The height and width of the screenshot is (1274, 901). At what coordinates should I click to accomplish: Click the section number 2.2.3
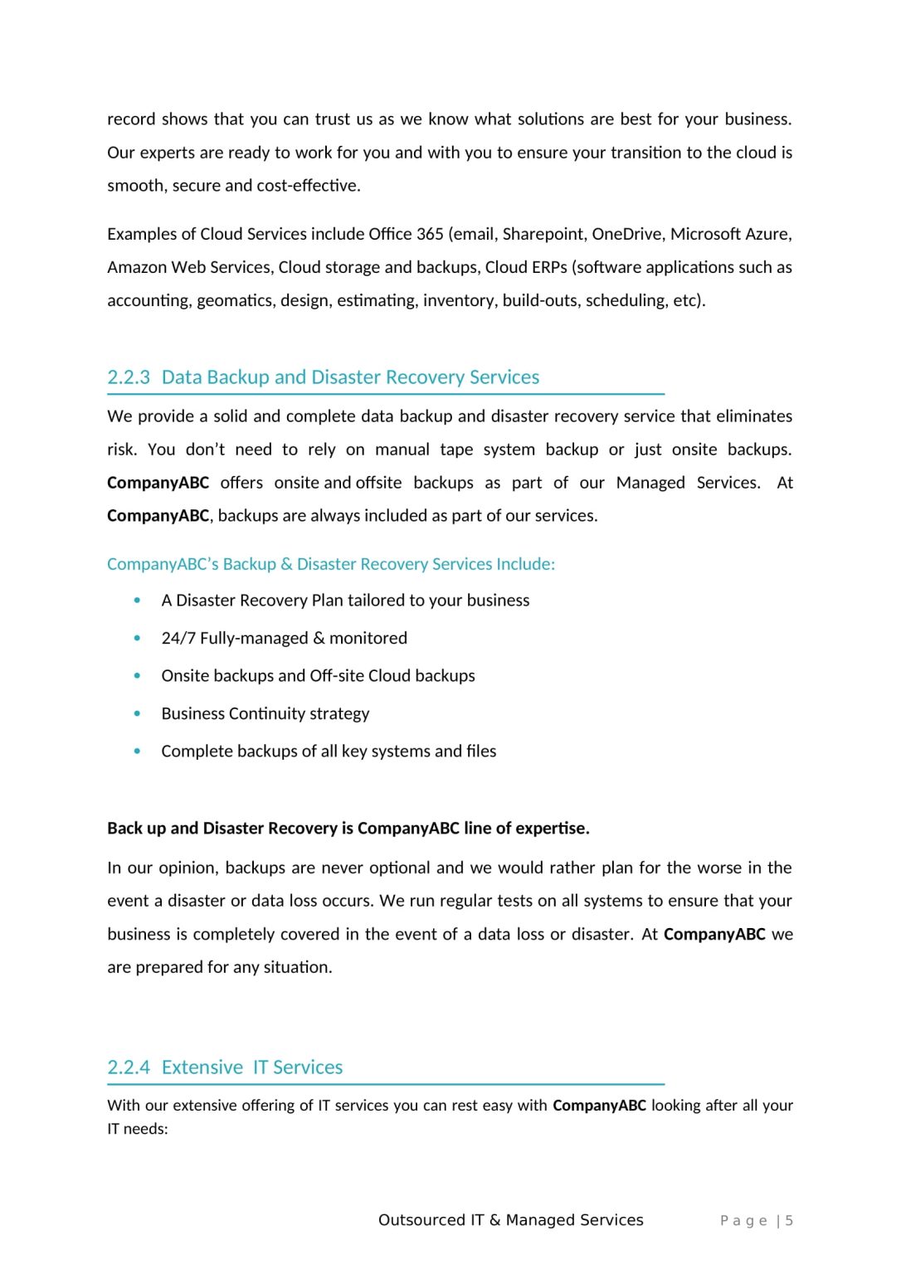point(129,377)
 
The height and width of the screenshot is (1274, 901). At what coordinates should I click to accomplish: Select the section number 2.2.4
point(129,1067)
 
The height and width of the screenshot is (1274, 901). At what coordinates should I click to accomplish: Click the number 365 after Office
point(430,235)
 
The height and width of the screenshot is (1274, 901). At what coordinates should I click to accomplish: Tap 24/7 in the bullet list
point(178,639)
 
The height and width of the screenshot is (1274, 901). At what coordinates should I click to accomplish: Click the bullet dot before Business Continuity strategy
point(137,713)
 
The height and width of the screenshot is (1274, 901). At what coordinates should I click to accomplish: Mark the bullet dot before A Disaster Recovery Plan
point(137,601)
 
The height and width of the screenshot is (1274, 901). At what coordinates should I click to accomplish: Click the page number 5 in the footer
point(789,1221)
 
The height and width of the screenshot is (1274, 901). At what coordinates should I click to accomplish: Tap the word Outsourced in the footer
point(421,1220)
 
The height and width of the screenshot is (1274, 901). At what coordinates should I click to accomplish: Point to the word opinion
point(188,868)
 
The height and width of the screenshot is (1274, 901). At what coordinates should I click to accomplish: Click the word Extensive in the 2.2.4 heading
point(202,1067)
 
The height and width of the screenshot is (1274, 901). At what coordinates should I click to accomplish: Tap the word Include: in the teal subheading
point(525,565)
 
